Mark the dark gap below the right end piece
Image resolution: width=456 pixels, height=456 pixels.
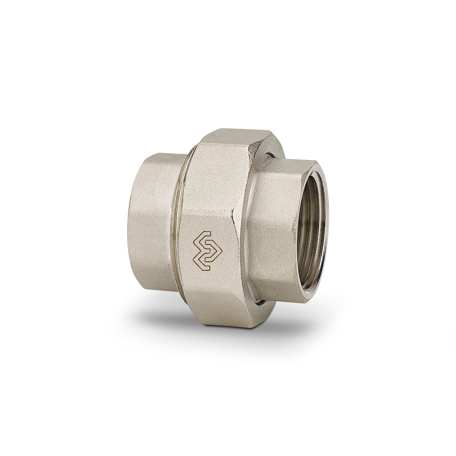(260, 302)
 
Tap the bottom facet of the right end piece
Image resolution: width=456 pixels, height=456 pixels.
(278, 292)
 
